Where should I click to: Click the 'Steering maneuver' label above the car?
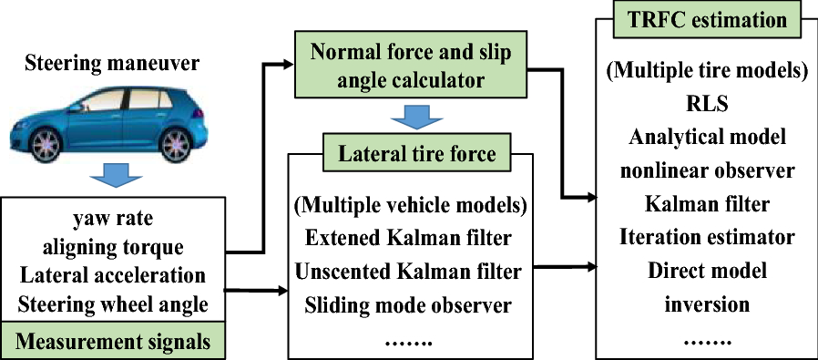[x=112, y=63]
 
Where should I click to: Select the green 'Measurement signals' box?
[x=113, y=342]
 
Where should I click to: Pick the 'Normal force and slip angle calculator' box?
[x=411, y=65]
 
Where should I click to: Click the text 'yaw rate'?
[x=113, y=219]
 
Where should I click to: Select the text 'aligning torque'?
[x=113, y=246]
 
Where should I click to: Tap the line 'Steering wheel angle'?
[x=113, y=303]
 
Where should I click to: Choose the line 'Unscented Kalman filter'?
[x=408, y=271]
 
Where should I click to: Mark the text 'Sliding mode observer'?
[x=408, y=304]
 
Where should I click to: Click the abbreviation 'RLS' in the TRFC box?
[x=707, y=103]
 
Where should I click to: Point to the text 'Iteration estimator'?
[x=707, y=237]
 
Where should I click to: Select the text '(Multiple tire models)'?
[x=707, y=70]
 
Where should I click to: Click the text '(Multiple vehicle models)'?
[x=408, y=204]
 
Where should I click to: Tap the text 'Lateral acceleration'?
[x=113, y=275]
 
